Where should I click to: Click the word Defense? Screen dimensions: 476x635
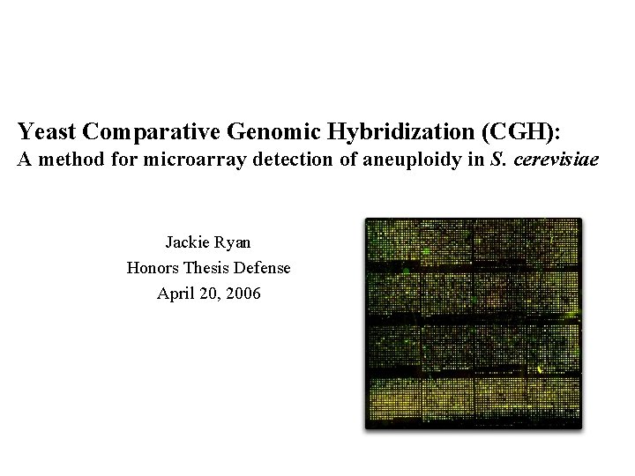point(264,267)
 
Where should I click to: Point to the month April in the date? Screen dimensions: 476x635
point(175,294)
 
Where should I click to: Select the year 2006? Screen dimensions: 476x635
point(243,294)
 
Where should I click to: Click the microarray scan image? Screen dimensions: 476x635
point(474,323)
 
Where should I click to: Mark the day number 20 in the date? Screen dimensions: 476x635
point(207,294)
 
